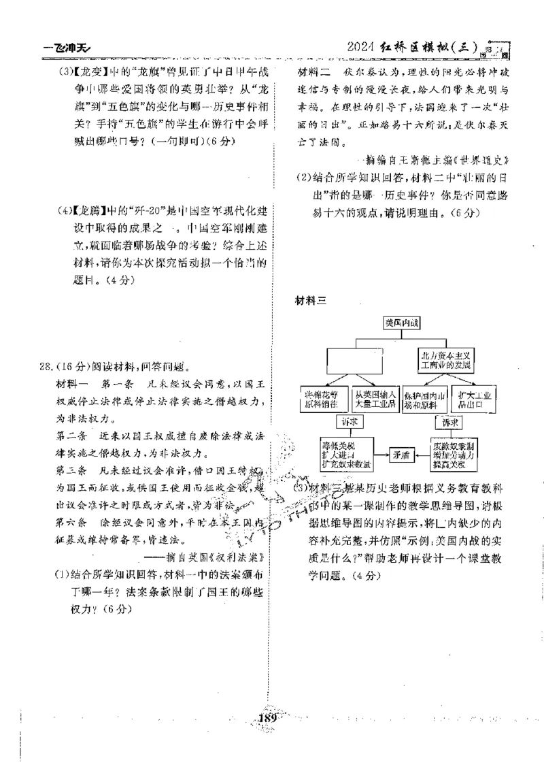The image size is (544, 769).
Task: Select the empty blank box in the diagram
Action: (x=353, y=360)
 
